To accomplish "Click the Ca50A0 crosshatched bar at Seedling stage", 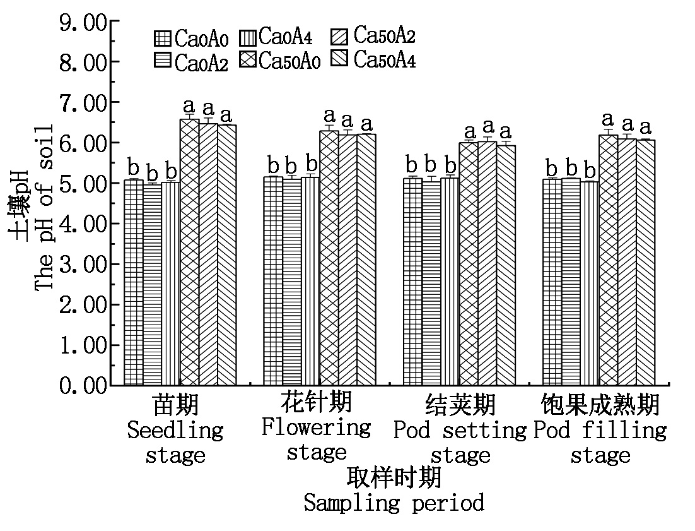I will tap(190, 253).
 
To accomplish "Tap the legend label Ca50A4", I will tap(384, 61).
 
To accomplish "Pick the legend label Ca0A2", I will tap(201, 63).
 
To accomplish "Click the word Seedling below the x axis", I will tap(175, 431).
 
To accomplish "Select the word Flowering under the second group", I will tap(316, 427).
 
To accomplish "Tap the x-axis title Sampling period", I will tap(394, 503).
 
